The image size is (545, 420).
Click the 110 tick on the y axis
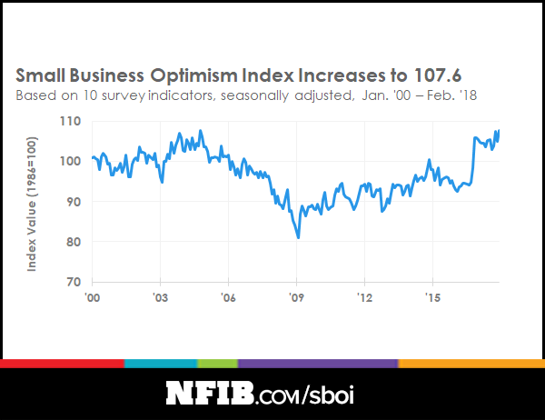[72, 121]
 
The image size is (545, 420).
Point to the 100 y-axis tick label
[72, 161]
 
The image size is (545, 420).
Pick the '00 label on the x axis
[93, 297]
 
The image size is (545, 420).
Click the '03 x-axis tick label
[161, 297]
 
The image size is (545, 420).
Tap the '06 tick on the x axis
[229, 297]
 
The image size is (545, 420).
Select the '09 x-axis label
[296, 297]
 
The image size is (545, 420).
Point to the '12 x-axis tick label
[364, 297]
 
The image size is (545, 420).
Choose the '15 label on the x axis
[432, 297]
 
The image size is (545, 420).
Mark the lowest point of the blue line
[298, 237]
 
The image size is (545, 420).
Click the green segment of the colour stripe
[218, 364]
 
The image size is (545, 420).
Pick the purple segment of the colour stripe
[318, 364]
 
